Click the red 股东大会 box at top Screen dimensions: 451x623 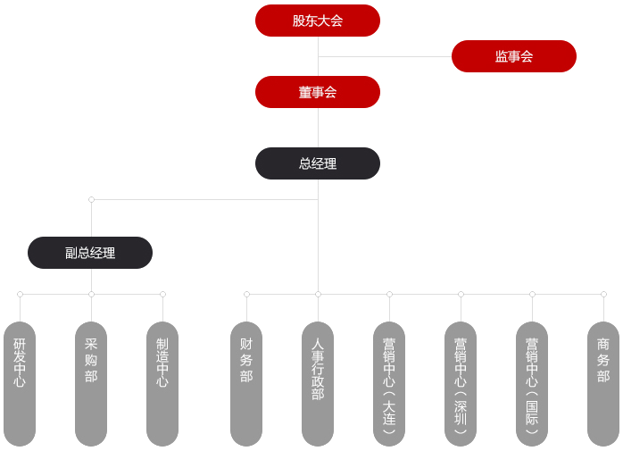pyautogui.click(x=318, y=21)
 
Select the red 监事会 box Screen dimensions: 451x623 pyautogui.click(x=514, y=56)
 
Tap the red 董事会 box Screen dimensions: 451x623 pyautogui.click(x=318, y=92)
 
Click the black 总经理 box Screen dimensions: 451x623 pyautogui.click(x=318, y=163)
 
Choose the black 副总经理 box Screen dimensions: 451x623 pyautogui.click(x=90, y=253)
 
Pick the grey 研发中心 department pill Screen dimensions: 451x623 pyautogui.click(x=20, y=384)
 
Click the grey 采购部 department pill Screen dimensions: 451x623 pyautogui.click(x=91, y=384)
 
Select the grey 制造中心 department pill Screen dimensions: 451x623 pyautogui.click(x=162, y=384)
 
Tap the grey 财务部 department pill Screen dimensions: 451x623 pyautogui.click(x=246, y=384)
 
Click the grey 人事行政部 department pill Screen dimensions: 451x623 pyautogui.click(x=318, y=384)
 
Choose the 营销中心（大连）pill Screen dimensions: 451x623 pyautogui.click(x=389, y=384)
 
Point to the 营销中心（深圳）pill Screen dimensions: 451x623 pyautogui.click(x=461, y=384)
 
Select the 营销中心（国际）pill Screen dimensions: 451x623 pyautogui.click(x=532, y=384)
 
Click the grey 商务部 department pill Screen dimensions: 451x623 pyautogui.click(x=603, y=384)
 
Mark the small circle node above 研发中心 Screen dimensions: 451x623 pyautogui.click(x=20, y=294)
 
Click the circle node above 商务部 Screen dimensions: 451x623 pyautogui.click(x=603, y=294)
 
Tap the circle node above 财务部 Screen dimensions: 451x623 pyautogui.click(x=246, y=294)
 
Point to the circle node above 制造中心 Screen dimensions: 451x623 pyautogui.click(x=162, y=294)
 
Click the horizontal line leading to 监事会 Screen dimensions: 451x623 pyautogui.click(x=385, y=56)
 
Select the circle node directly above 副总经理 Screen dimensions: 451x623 pyautogui.click(x=91, y=199)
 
